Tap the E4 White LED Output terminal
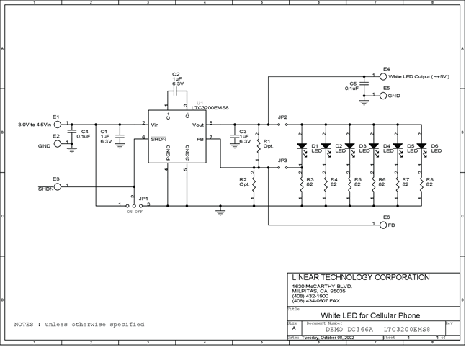pos(383,75)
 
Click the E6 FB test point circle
pos(383,225)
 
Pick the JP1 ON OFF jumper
pos(134,204)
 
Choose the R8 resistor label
pos(430,181)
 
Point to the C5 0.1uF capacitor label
pos(352,86)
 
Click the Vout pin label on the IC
pos(197,124)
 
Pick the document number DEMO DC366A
pos(345,329)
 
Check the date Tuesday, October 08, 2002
pos(333,337)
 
